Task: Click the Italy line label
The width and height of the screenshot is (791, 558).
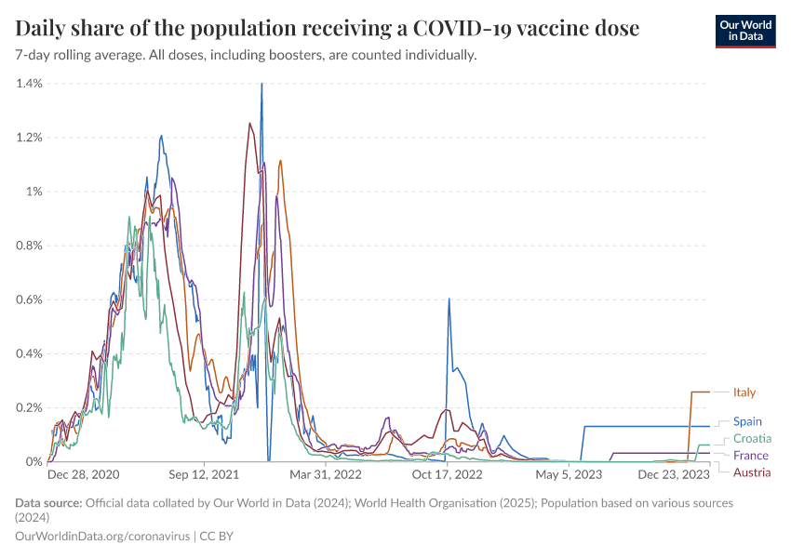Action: click(x=744, y=392)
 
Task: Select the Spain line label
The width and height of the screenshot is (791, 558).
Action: click(x=747, y=421)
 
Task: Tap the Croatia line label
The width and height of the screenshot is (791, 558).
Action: click(x=752, y=439)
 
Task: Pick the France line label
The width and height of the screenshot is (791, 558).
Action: click(x=750, y=456)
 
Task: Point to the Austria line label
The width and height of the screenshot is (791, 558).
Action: click(x=752, y=473)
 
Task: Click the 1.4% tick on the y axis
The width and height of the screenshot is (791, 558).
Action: click(x=30, y=84)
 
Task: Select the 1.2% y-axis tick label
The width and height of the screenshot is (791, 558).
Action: click(x=30, y=138)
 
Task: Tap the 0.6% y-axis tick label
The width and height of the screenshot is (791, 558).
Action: click(x=30, y=299)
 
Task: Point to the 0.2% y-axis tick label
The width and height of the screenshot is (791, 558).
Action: click(x=30, y=407)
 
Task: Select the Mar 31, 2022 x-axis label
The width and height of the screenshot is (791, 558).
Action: click(x=326, y=474)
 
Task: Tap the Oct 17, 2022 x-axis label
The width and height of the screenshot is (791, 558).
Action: click(x=448, y=474)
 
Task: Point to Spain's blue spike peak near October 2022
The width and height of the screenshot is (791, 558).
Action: click(x=449, y=299)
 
